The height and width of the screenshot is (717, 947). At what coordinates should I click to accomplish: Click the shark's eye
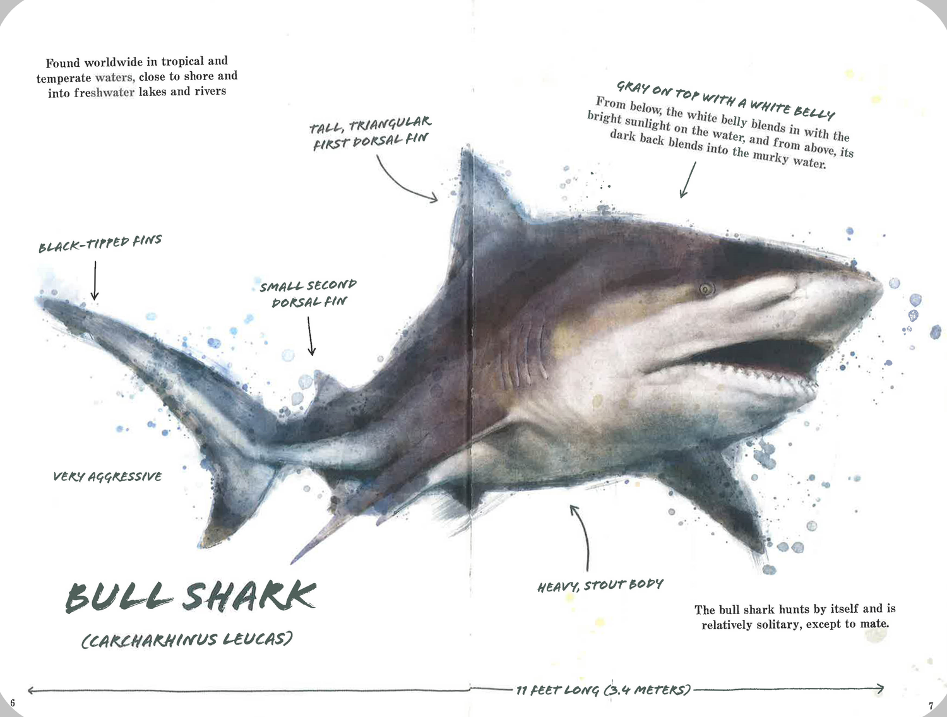[x=706, y=289]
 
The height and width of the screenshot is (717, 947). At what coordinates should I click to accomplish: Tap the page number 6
[x=13, y=702]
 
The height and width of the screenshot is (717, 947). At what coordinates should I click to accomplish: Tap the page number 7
[x=931, y=706]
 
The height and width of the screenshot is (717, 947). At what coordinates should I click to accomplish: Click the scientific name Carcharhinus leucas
[x=187, y=639]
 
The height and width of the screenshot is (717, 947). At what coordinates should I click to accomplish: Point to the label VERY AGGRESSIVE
[x=107, y=477]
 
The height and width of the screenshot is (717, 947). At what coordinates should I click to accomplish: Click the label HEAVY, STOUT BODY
[x=600, y=586]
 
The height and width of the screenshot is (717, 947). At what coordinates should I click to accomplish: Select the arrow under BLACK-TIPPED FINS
[x=95, y=280]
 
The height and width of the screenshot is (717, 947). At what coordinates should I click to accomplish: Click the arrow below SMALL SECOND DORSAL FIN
[x=310, y=336]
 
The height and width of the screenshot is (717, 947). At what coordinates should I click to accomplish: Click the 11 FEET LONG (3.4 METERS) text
[x=604, y=690]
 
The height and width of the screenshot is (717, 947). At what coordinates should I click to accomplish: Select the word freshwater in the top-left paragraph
[x=104, y=93]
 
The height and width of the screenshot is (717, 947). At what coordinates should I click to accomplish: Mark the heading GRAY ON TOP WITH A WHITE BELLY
[x=725, y=100]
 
